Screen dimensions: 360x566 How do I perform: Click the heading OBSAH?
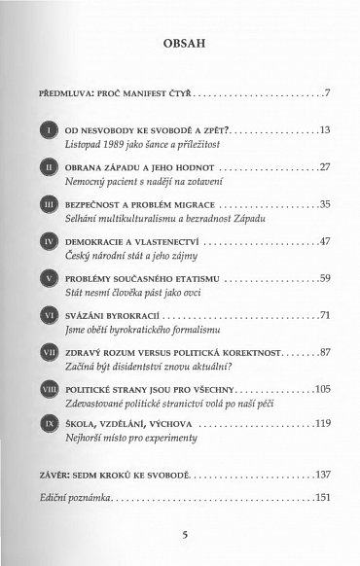tap(179, 46)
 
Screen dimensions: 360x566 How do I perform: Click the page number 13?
tap(325, 129)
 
